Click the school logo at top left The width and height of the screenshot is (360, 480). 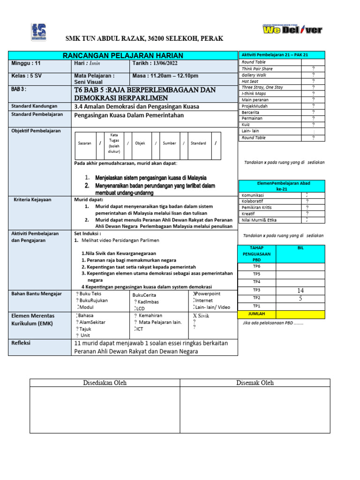click(x=38, y=32)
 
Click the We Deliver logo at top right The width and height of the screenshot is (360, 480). click(x=292, y=30)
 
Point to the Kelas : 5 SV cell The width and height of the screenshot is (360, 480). click(x=24, y=75)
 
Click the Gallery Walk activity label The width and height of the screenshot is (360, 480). click(x=254, y=75)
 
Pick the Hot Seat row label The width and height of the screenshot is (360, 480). click(x=250, y=81)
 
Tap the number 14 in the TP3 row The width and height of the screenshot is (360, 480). click(x=300, y=291)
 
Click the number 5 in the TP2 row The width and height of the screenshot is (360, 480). click(x=300, y=298)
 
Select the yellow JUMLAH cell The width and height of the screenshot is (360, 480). click(x=257, y=314)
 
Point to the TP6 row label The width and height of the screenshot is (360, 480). click(x=256, y=266)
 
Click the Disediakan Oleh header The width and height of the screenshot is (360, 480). click(x=105, y=383)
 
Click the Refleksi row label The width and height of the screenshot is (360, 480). click(x=22, y=343)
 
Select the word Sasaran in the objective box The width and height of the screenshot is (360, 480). click(x=84, y=143)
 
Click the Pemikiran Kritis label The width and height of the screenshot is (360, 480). click(x=256, y=207)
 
